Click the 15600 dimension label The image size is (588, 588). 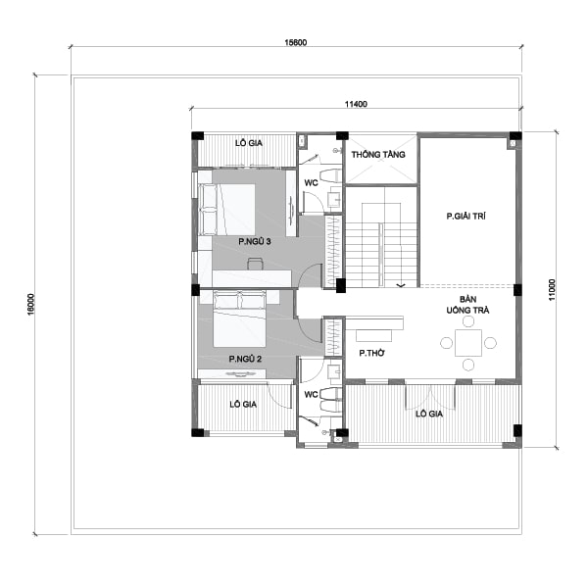(294, 42)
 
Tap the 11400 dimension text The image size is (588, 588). (356, 103)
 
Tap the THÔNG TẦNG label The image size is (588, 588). (379, 155)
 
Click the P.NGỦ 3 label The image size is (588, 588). (254, 241)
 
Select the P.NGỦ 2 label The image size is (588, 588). (246, 360)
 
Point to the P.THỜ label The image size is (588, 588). (369, 352)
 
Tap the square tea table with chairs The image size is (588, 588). (468, 343)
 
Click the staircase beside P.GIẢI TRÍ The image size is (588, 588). (382, 244)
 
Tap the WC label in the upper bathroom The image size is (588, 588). (309, 183)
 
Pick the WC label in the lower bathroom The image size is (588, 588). (309, 395)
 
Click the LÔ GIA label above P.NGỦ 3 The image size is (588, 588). (246, 143)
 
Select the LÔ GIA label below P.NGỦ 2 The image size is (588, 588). (242, 404)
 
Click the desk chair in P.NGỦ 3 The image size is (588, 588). (255, 263)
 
